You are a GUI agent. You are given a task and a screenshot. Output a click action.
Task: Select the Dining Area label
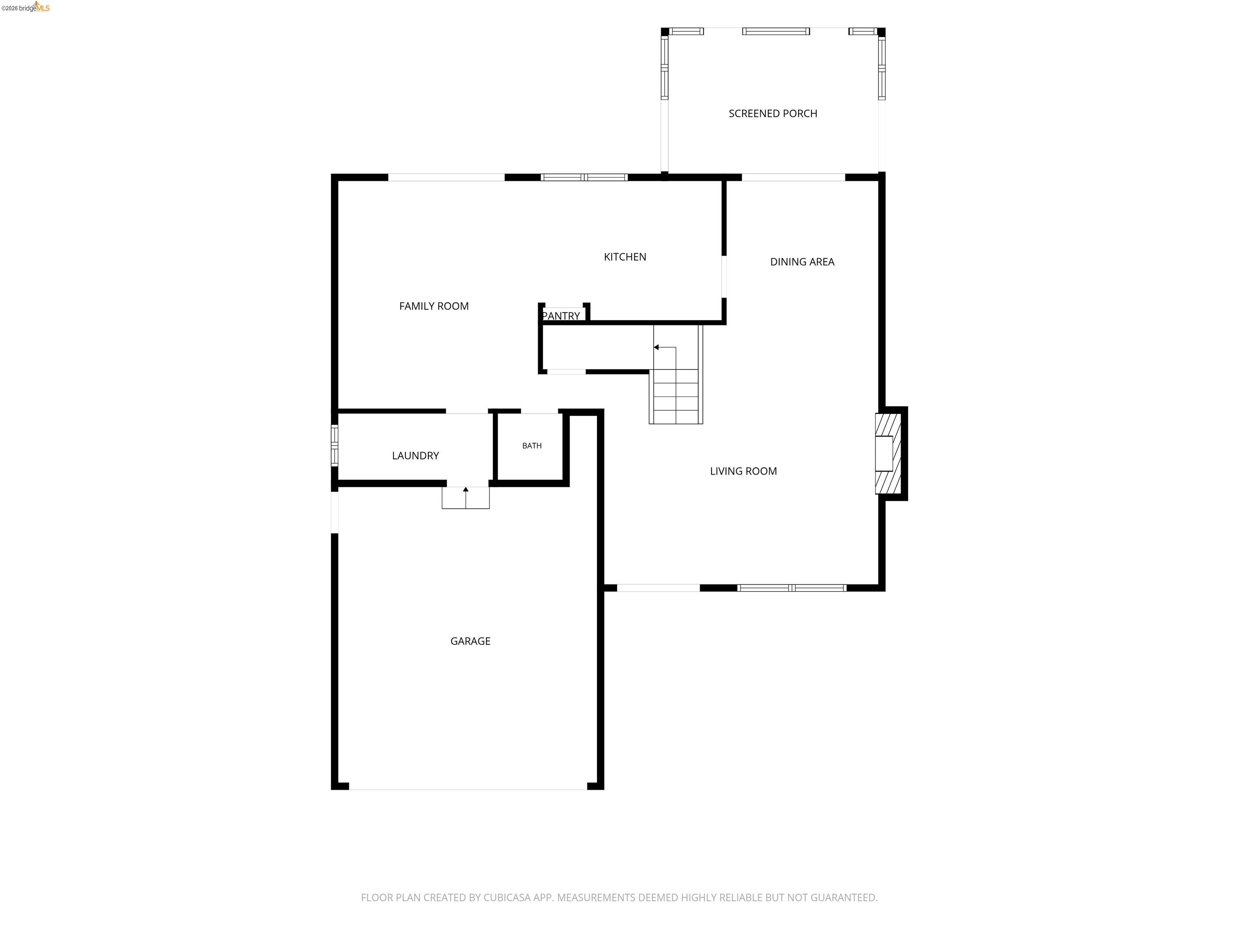[x=802, y=262]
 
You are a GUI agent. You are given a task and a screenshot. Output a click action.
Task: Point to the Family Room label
[x=434, y=306]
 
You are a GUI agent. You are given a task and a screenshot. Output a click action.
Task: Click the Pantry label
[x=561, y=316]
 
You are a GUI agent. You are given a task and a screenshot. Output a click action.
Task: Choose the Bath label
[x=532, y=446]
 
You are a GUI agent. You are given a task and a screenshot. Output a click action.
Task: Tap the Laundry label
[x=415, y=456]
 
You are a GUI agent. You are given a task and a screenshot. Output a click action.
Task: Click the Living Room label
[x=743, y=471]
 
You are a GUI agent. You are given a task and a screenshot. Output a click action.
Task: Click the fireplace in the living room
[x=889, y=454]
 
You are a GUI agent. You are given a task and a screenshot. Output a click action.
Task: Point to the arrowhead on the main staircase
[x=656, y=347]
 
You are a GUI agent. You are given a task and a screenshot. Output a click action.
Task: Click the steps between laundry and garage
[x=465, y=498]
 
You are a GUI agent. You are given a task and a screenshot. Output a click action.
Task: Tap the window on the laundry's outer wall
[x=334, y=446]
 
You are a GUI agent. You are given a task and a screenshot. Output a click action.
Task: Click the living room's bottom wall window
[x=791, y=588]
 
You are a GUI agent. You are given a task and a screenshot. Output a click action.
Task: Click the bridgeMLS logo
[x=26, y=7]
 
